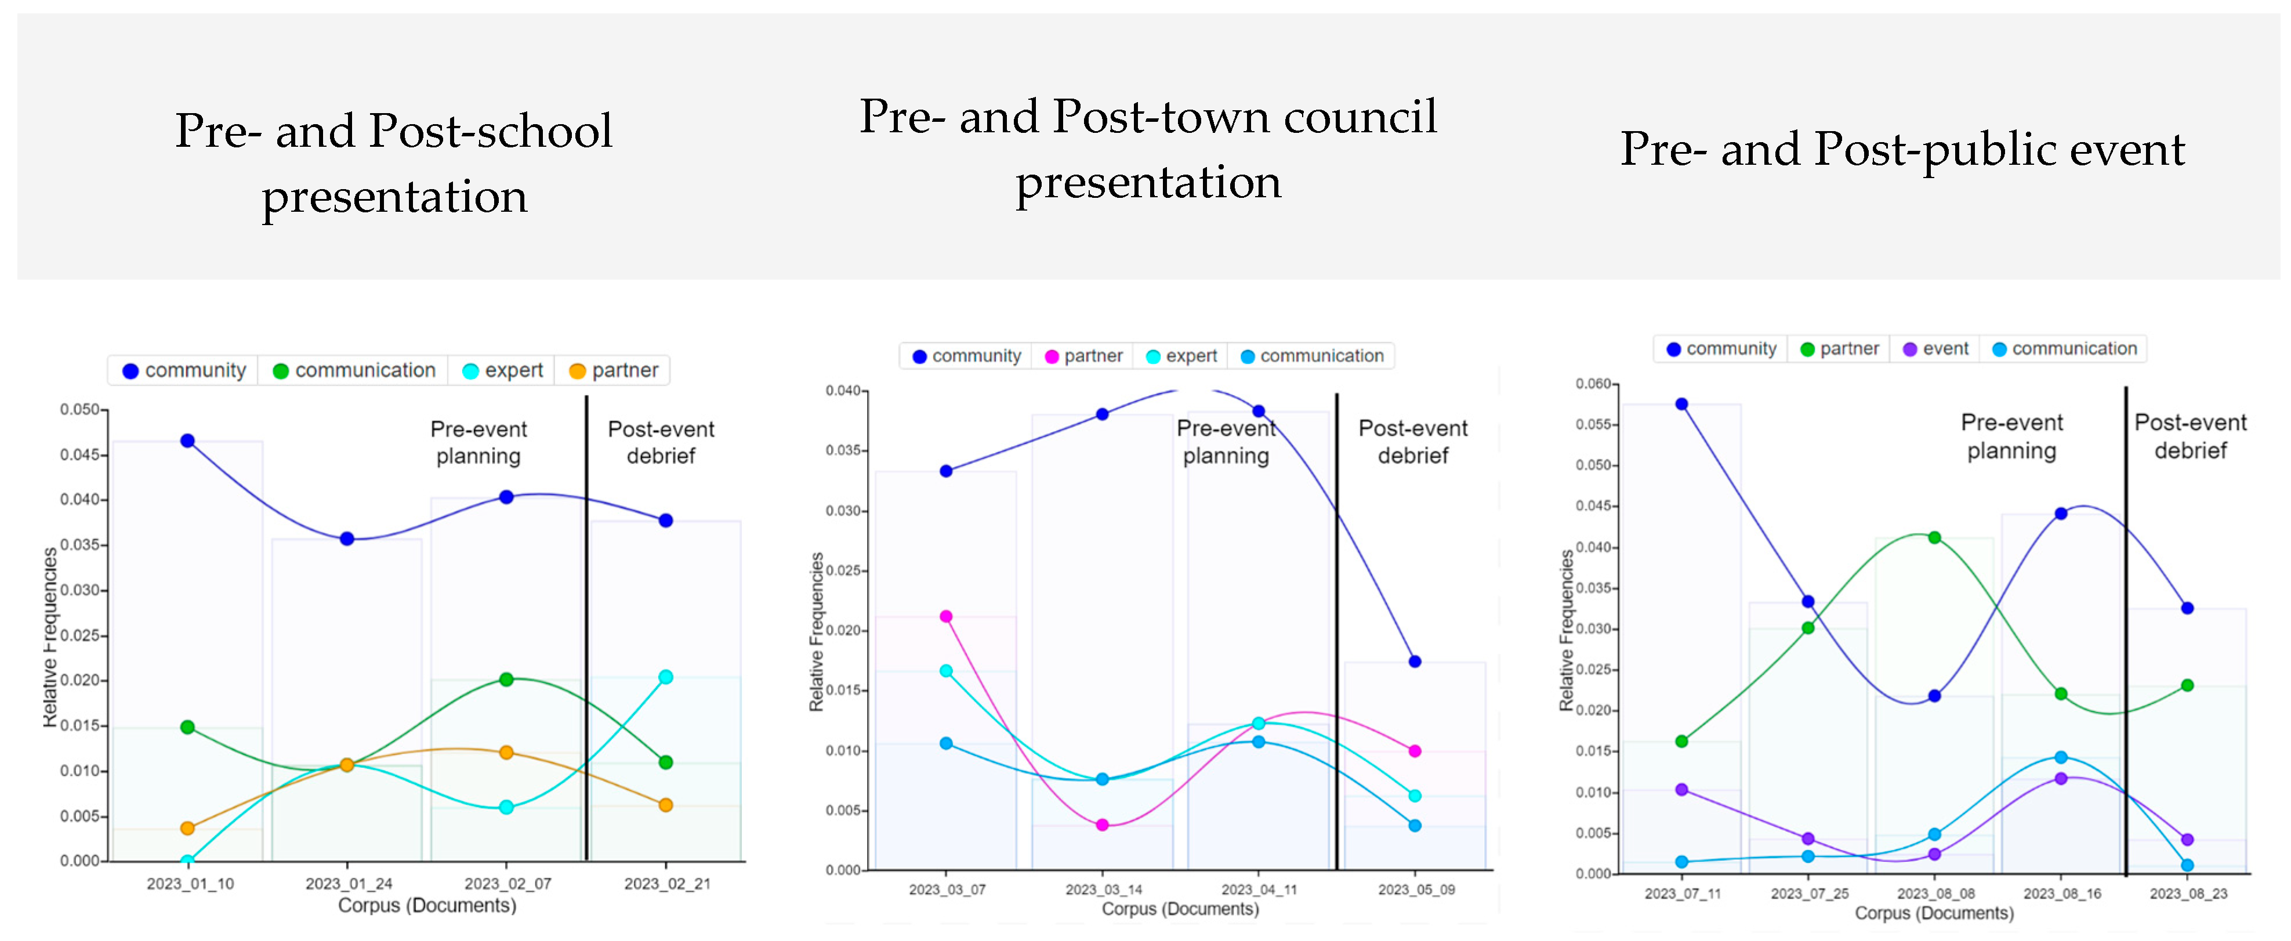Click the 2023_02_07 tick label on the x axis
pyautogui.click(x=507, y=883)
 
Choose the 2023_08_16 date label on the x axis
pyautogui.click(x=2061, y=893)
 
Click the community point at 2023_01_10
pyautogui.click(x=188, y=440)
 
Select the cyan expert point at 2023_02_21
pyautogui.click(x=665, y=677)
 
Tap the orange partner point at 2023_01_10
pyautogui.click(x=188, y=828)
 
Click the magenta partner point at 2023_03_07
pyautogui.click(x=947, y=616)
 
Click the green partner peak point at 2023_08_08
pyautogui.click(x=1934, y=537)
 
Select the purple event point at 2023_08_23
pyautogui.click(x=2187, y=839)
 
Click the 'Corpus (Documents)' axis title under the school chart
pyautogui.click(x=427, y=906)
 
